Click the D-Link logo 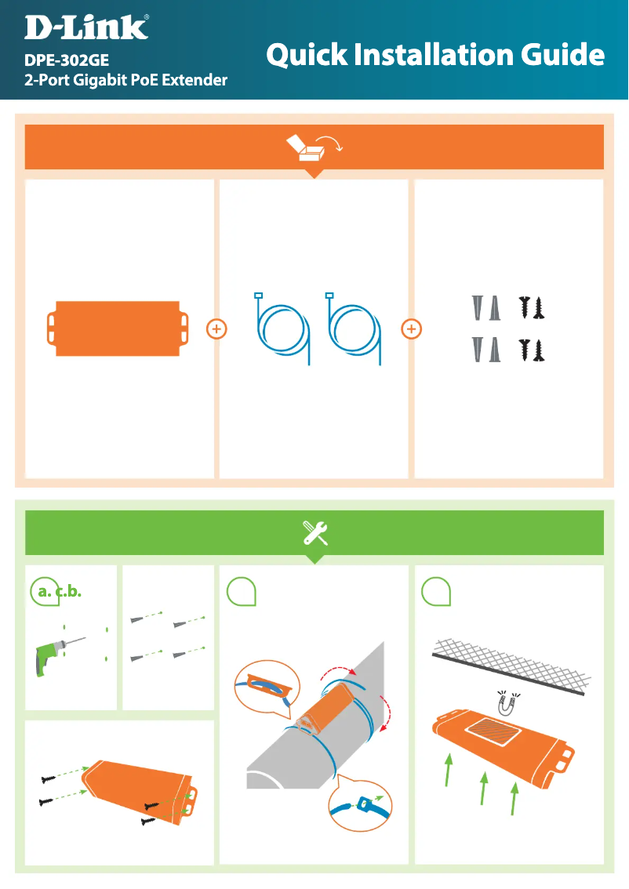[86, 27]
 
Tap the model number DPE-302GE [67, 60]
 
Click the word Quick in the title [307, 56]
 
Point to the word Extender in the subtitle [195, 80]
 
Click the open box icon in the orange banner [314, 147]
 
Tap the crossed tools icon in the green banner [314, 533]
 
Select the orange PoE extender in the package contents [118, 328]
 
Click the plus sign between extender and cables [216, 328]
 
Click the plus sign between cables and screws [411, 328]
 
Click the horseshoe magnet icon [507, 704]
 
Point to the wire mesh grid [511, 666]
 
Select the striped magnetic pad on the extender [493, 731]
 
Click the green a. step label [44, 592]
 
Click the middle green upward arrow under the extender [483, 788]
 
